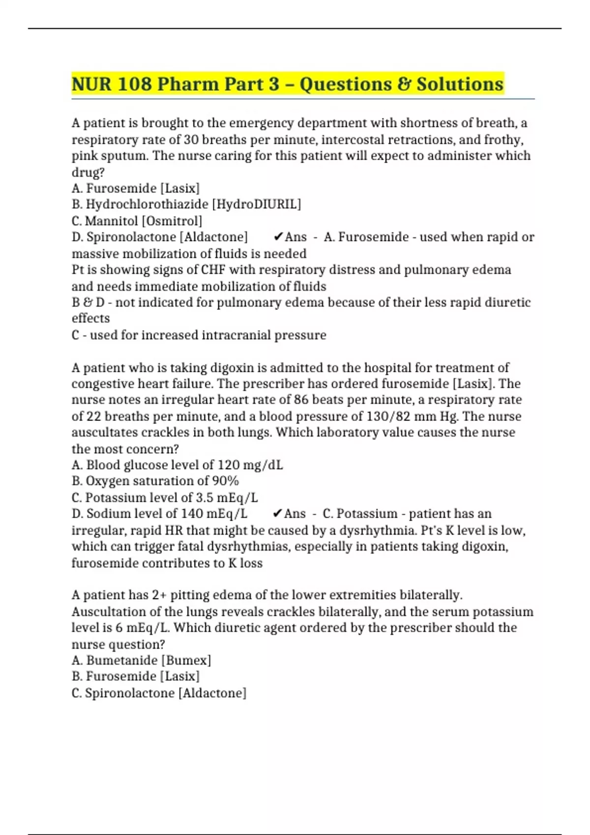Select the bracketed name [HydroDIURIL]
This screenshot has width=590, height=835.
pos(256,204)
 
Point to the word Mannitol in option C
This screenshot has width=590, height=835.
pos(112,221)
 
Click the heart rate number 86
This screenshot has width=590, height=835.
pos(301,400)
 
